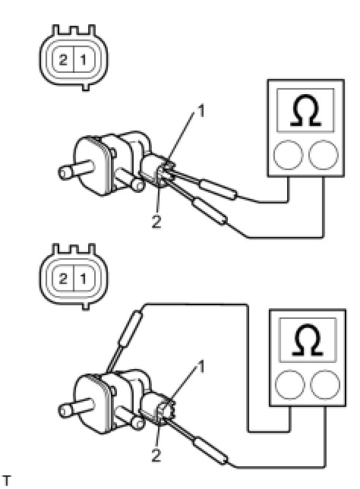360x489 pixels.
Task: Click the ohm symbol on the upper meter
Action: [305, 110]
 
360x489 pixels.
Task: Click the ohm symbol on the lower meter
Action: [308, 340]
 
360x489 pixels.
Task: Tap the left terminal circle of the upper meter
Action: [288, 155]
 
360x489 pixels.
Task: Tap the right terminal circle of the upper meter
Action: [324, 155]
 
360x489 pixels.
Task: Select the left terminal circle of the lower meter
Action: [290, 384]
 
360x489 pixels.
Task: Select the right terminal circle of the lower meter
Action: [325, 384]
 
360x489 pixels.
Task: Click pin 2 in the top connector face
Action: [63, 59]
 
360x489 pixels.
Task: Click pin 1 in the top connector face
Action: [84, 59]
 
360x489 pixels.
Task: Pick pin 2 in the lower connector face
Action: [63, 278]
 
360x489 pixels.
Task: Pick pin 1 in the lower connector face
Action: [84, 278]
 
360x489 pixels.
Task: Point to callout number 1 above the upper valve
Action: [201, 111]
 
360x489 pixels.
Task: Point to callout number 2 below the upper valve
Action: [156, 222]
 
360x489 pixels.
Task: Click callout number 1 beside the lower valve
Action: [201, 367]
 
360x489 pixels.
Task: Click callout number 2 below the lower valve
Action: [156, 455]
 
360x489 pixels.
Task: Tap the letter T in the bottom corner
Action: [6, 481]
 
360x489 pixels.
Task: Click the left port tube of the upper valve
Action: [75, 169]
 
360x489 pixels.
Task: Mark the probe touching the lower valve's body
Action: [125, 341]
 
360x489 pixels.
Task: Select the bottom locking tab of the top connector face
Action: [86, 87]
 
